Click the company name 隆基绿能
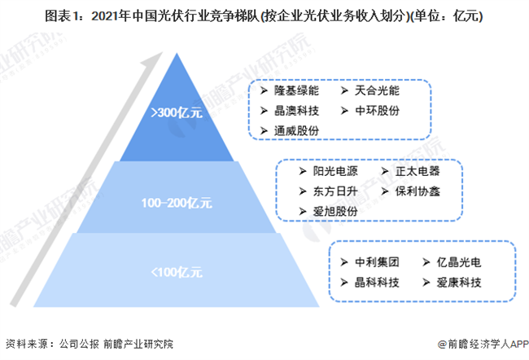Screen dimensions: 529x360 click(296, 90)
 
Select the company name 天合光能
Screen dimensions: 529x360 click(377, 90)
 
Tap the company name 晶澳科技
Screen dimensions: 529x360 click(296, 111)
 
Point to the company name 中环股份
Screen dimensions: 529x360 click(377, 111)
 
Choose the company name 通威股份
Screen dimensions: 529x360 click(296, 130)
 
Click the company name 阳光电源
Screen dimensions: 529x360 click(335, 171)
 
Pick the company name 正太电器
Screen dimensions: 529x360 click(418, 171)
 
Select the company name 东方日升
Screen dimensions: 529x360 click(335, 191)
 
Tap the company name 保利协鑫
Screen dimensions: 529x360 click(418, 191)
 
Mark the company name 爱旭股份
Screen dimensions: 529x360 click(335, 212)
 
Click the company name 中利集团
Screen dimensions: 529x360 click(377, 262)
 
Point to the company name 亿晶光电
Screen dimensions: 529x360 click(459, 262)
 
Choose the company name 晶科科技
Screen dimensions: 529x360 click(377, 283)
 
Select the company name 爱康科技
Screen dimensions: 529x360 click(459, 283)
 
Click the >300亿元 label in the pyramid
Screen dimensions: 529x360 click(177, 112)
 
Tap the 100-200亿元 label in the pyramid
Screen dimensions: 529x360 click(177, 203)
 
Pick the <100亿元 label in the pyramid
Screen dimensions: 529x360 click(177, 272)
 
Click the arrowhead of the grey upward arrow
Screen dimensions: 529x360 click(154, 59)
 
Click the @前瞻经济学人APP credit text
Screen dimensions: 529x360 click(483, 345)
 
